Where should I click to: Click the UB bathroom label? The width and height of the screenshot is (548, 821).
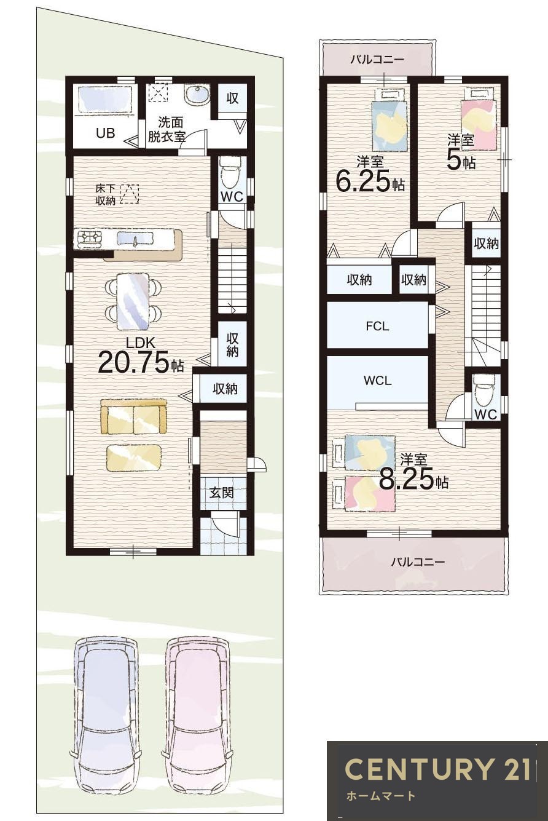(105, 133)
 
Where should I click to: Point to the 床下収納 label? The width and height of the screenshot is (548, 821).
(105, 195)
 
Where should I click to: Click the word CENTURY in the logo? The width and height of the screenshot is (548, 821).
(420, 769)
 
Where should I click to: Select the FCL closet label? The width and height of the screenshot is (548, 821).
(377, 327)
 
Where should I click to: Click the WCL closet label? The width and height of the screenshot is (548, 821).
(377, 381)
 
